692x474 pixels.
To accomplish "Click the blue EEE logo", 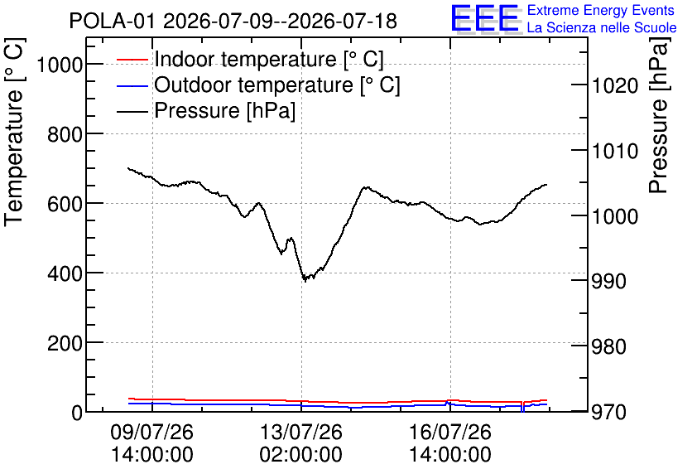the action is click(485, 18).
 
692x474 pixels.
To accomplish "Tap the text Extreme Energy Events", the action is click(601, 10).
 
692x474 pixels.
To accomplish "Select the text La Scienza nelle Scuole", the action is click(602, 27).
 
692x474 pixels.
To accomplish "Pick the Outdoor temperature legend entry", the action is click(258, 85).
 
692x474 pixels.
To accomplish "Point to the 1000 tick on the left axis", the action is click(60, 65).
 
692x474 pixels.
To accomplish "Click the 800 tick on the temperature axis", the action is click(65, 134).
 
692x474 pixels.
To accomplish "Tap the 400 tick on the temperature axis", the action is click(65, 274).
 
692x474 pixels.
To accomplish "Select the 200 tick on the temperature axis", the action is click(65, 343).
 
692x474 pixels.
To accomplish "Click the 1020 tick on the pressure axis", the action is click(615, 85).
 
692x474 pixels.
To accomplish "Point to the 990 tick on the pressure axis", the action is click(609, 281).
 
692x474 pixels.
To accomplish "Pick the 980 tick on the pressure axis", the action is click(609, 346).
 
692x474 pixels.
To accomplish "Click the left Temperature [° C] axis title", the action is click(15, 132).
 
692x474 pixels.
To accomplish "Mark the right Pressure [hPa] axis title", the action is click(658, 115).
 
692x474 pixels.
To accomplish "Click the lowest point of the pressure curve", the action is click(304, 281).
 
